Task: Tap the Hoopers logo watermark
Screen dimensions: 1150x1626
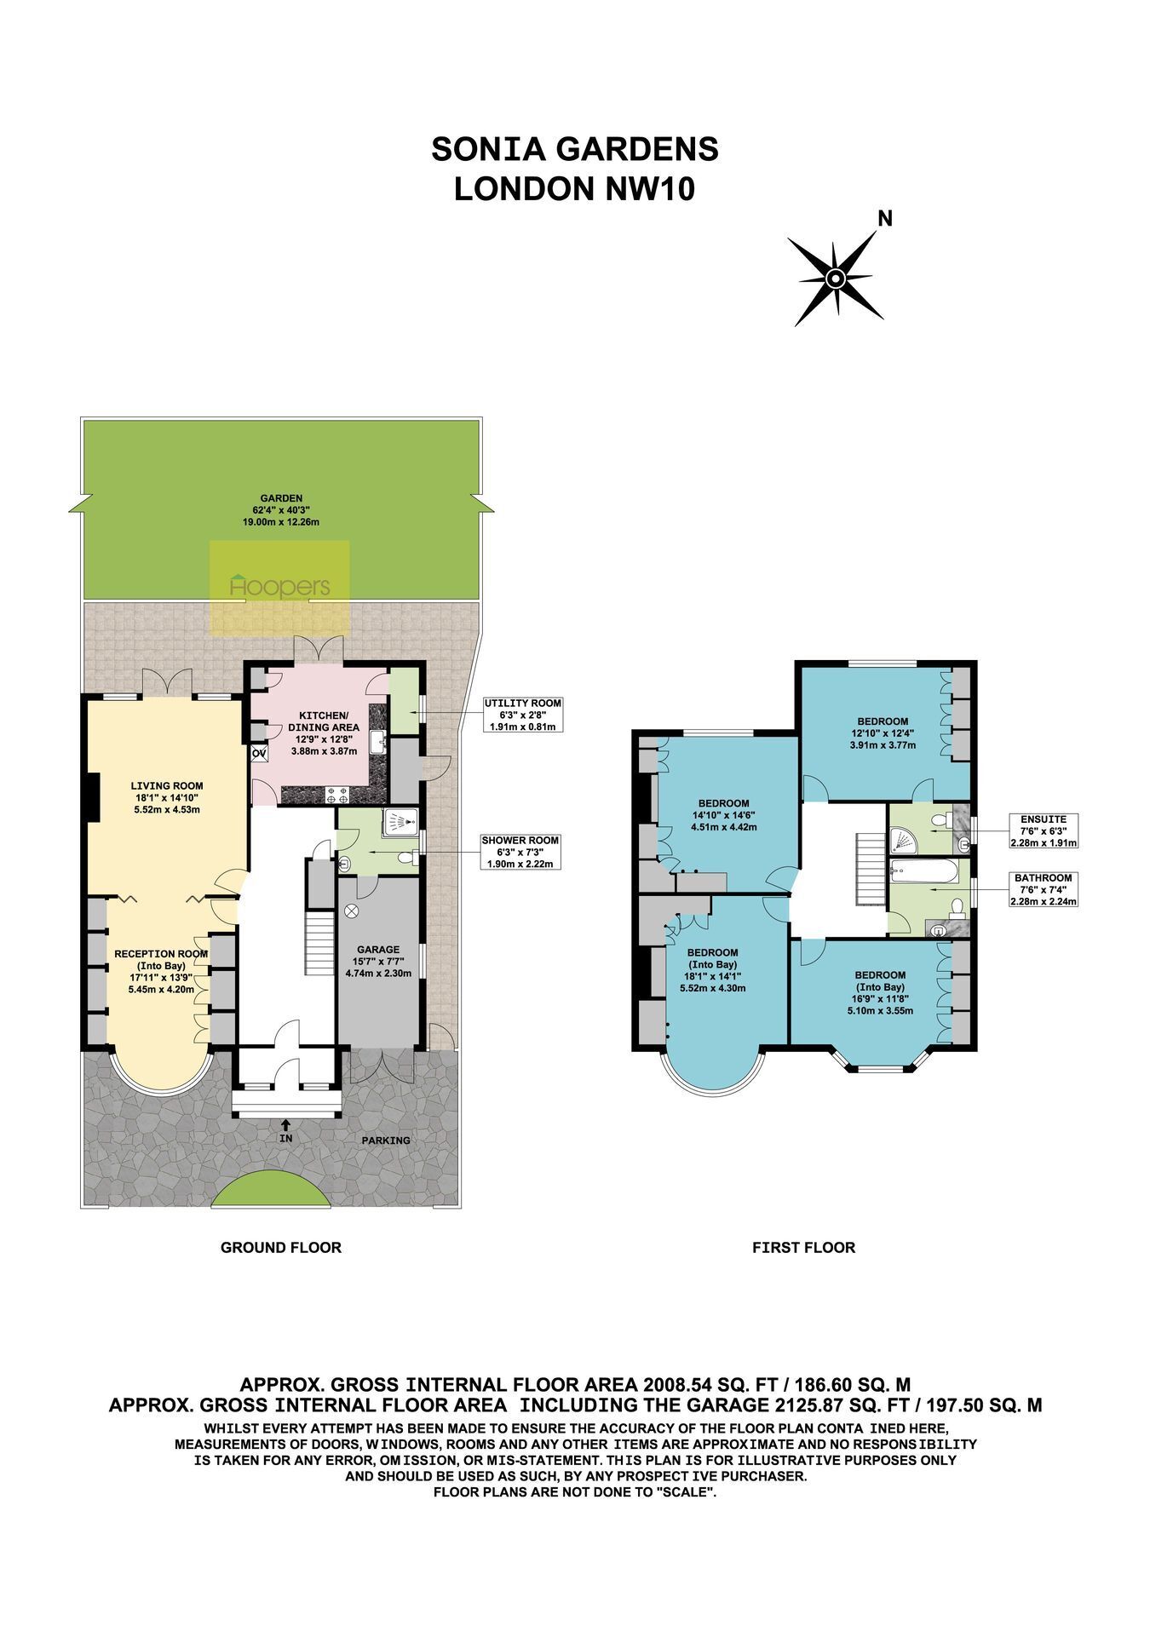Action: click(279, 587)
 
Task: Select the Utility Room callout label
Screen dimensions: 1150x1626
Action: click(523, 715)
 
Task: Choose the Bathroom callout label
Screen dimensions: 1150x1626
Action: click(1043, 889)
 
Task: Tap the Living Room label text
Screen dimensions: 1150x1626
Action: click(167, 797)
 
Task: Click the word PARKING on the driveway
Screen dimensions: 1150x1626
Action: click(385, 1140)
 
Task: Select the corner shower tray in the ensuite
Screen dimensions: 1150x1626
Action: click(902, 841)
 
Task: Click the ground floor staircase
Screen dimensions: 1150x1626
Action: click(319, 944)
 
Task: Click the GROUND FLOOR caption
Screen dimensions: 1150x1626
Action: click(281, 1248)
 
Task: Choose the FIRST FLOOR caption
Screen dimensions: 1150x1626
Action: click(803, 1248)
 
